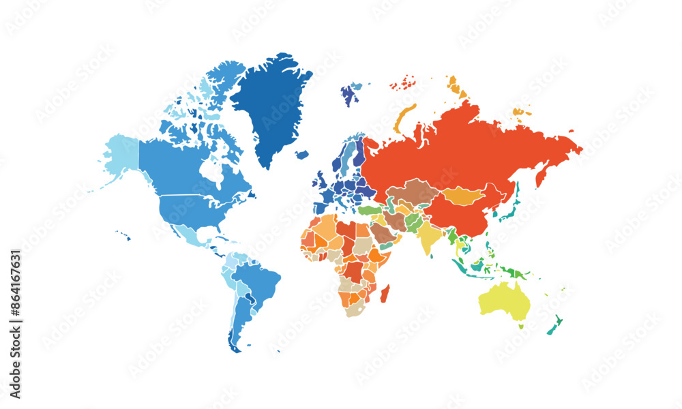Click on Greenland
coord(273,102)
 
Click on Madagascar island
coord(385,294)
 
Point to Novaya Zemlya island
coord(404,117)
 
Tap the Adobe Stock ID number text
coord(16,324)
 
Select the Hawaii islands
coord(123,235)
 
